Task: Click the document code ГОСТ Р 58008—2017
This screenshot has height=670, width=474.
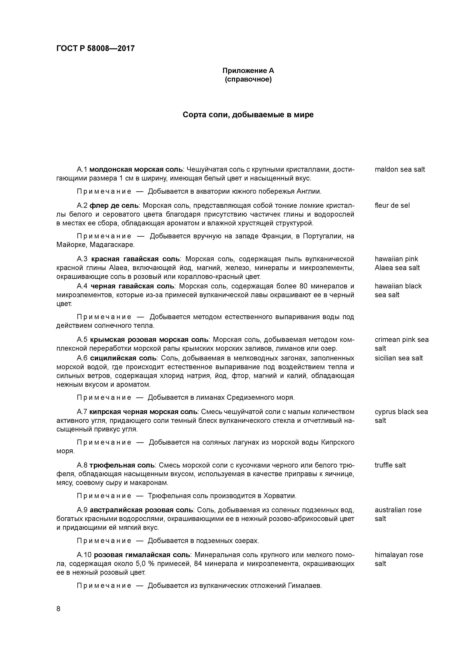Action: (96, 48)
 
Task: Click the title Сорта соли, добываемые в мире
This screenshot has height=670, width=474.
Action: (248, 115)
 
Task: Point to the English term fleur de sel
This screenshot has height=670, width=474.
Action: (392, 206)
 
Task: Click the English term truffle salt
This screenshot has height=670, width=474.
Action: (390, 465)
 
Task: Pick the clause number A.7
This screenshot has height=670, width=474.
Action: (82, 412)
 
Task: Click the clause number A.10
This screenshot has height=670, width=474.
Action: (84, 555)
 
